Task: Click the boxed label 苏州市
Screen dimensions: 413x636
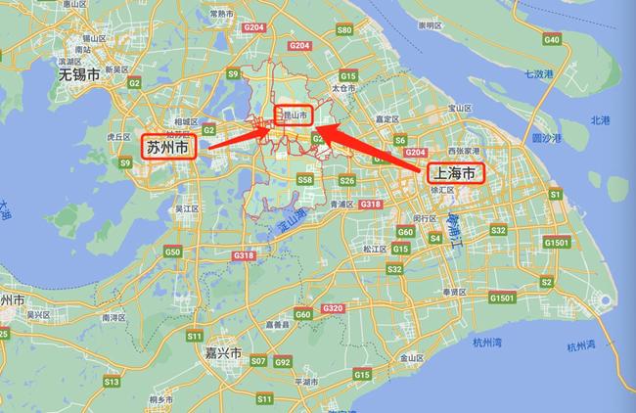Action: [x=169, y=148]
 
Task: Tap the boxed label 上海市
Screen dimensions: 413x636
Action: [x=454, y=175]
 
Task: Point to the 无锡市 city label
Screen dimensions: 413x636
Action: [x=78, y=74]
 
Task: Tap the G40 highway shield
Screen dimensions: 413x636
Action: [x=552, y=40]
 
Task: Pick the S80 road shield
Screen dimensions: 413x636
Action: [x=342, y=30]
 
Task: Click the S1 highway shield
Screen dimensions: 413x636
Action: [x=554, y=195]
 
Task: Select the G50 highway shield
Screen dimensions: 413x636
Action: [x=173, y=252]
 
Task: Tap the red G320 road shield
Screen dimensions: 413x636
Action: [x=333, y=307]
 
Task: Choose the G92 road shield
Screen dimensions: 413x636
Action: [x=283, y=362]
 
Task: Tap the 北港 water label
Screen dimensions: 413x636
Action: [x=598, y=120]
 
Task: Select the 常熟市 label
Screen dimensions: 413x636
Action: [x=221, y=14]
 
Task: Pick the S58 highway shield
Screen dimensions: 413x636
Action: [x=305, y=180]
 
